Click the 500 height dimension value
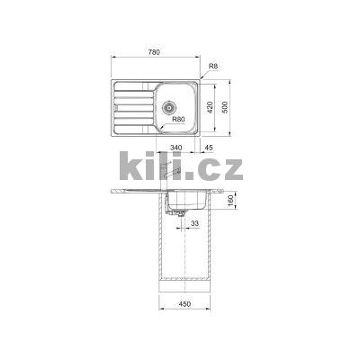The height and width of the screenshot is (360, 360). coord(226,106)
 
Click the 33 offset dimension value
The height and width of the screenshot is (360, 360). coord(193,226)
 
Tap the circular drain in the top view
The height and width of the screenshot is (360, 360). coord(168,105)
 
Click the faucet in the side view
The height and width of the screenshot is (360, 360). coord(164,172)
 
